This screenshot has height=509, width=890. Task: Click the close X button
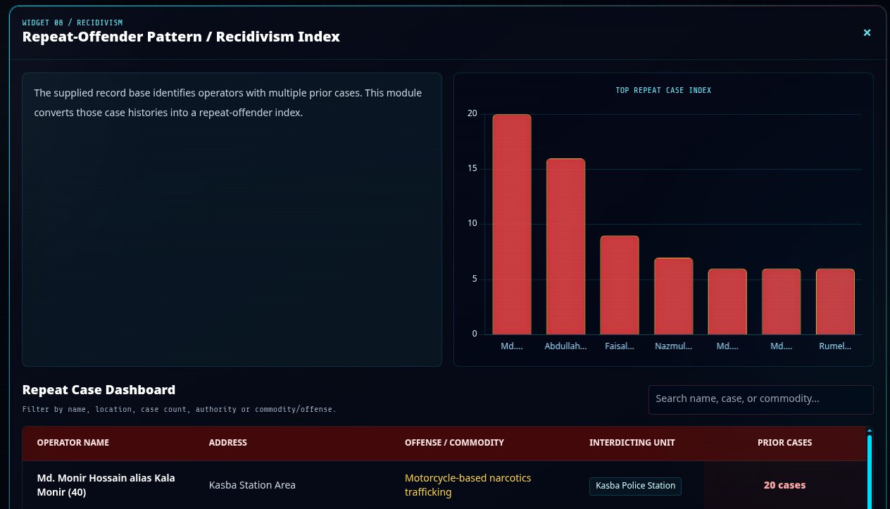coord(867,32)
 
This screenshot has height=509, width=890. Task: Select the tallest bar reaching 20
coord(512,225)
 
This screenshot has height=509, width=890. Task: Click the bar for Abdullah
coord(565,246)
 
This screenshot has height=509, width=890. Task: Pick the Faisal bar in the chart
coord(620,285)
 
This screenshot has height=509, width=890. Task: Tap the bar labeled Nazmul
coord(673,296)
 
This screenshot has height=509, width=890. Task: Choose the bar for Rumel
coord(835,301)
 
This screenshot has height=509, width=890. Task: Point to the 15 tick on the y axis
coord(472,168)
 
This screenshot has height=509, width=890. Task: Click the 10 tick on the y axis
coord(472,223)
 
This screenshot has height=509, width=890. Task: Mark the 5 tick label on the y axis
coord(475,279)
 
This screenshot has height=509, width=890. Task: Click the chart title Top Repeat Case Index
coord(663,91)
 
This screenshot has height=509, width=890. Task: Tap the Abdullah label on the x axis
coord(565,346)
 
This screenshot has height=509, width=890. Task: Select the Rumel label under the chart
coord(835,346)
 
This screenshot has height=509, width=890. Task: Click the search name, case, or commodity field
coord(761,399)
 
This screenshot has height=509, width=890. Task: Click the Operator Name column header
coord(73,443)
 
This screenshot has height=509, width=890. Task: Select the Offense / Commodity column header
coord(454,443)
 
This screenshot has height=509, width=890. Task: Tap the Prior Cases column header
coord(784,443)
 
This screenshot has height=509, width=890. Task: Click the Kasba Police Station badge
coord(635,486)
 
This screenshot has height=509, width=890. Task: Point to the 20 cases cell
coord(784,485)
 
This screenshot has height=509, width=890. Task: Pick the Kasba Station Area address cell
coord(252,485)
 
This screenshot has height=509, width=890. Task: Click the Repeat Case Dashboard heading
coord(99,390)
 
